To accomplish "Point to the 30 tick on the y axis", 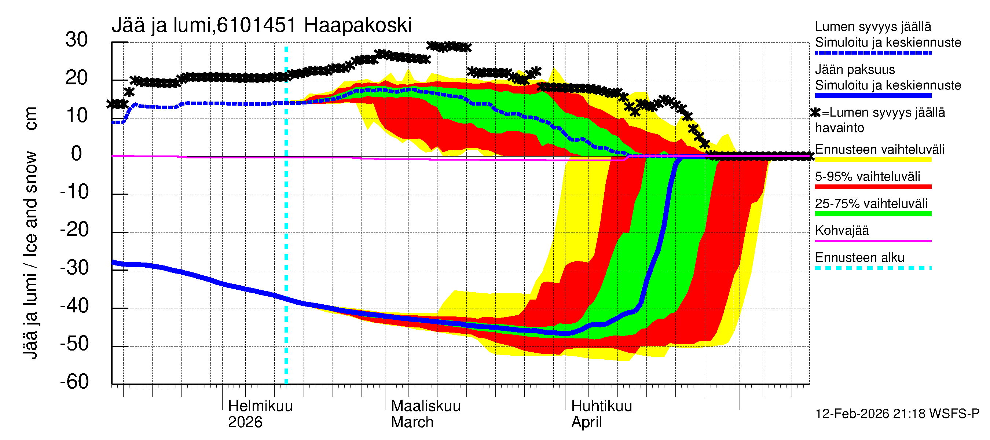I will [77, 40].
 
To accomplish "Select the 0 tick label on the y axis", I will [77, 154].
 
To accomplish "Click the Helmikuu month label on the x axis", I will [260, 406].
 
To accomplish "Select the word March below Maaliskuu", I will [412, 422].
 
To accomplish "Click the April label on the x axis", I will [586, 422].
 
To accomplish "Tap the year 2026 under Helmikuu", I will [245, 422].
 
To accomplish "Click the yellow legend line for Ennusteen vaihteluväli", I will [873, 159].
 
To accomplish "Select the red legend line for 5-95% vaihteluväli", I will [873, 187].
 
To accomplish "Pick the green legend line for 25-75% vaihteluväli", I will [873, 214].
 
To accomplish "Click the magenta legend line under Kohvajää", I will [873, 241].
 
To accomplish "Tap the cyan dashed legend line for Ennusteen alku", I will [873, 268].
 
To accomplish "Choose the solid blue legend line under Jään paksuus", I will [873, 95].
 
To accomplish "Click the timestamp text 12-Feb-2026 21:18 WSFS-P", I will [897, 414].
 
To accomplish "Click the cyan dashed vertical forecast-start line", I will [286, 231].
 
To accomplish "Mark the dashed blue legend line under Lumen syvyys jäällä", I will [873, 53].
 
